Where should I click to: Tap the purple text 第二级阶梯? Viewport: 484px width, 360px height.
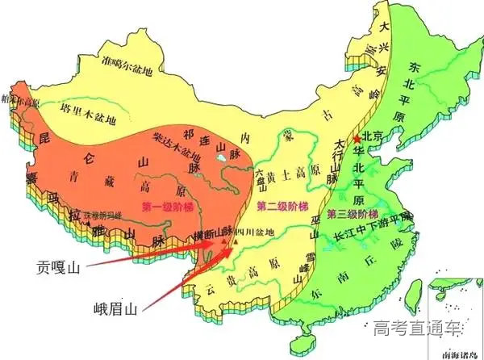click(280, 207)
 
